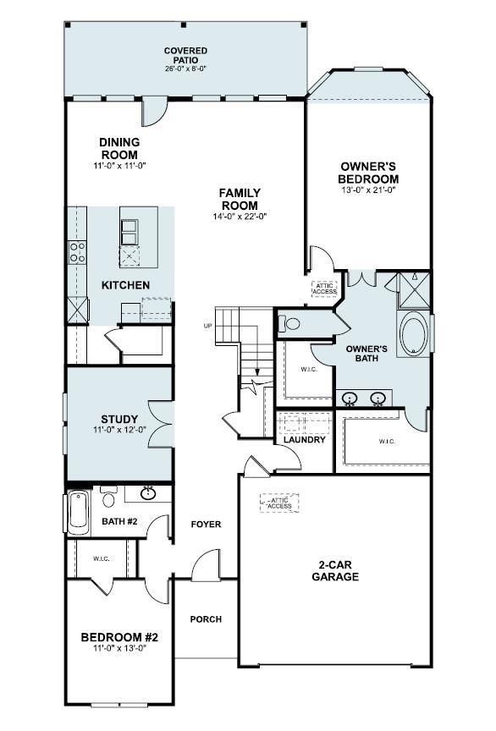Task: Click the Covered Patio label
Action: pos(185,56)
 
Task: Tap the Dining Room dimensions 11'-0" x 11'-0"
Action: pos(120,166)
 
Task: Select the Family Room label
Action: pos(240,200)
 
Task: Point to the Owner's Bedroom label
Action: pos(368,173)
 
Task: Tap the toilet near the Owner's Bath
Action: pos(292,323)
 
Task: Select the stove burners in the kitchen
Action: pos(77,251)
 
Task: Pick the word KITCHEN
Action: pos(125,285)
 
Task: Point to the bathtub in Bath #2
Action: pos(78,511)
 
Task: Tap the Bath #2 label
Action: pos(119,521)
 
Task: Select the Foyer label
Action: pos(205,525)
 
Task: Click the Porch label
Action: pos(205,619)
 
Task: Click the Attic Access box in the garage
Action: pos(279,503)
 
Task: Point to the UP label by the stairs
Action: pos(207,326)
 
